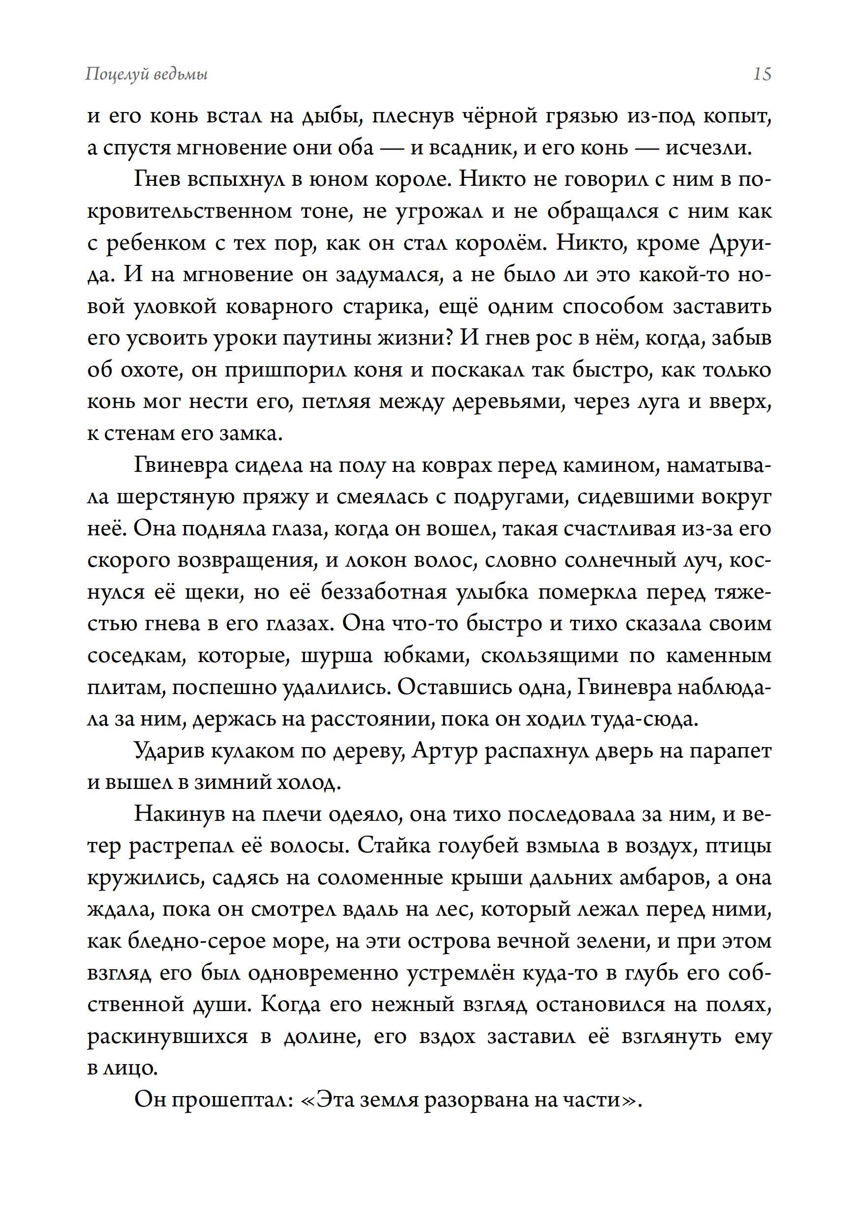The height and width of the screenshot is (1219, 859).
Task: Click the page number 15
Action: pyautogui.click(x=762, y=74)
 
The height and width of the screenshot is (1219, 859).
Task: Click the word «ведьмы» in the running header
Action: pyautogui.click(x=180, y=75)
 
